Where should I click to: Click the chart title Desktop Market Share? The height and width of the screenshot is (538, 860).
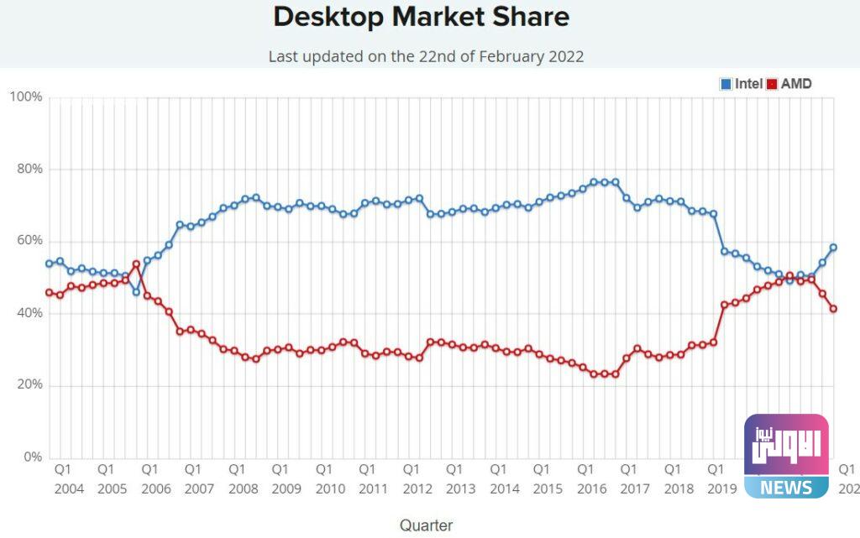[422, 17]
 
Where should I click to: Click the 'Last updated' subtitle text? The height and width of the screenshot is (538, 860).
[426, 57]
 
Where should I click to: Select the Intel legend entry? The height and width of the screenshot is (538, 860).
[742, 84]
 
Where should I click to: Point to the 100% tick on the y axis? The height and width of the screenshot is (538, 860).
[25, 97]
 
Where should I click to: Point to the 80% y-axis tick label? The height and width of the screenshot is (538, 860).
[28, 169]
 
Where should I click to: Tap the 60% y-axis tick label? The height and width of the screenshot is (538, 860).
[28, 241]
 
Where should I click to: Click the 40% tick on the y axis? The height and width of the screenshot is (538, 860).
[28, 313]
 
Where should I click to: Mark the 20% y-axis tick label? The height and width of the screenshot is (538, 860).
[28, 385]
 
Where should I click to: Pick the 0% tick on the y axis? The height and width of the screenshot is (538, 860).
[31, 457]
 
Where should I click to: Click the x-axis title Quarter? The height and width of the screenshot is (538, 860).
[426, 525]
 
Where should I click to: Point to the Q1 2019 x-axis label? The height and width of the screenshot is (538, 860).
[721, 478]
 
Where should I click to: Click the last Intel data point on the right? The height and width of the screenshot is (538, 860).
[833, 248]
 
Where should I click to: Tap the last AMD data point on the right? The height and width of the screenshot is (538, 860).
[833, 309]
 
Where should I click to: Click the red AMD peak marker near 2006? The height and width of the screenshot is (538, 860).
[136, 264]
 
